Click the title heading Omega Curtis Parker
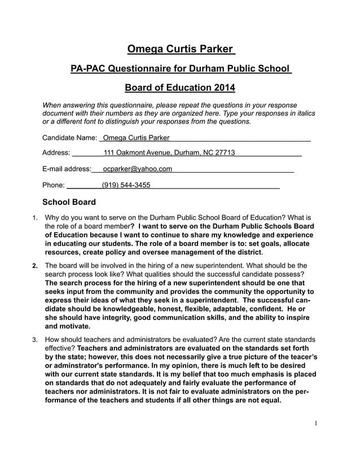180,49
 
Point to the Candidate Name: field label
70,138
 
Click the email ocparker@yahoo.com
138,169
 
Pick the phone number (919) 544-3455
126,184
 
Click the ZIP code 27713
224,153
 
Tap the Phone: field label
54,184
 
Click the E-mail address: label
67,169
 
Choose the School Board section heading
69,202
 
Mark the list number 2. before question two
34,265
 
